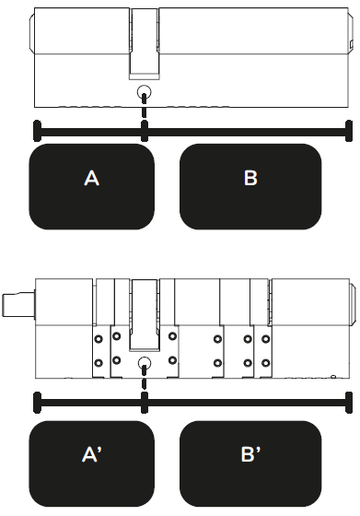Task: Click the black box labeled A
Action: [92, 186]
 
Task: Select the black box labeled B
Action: [250, 186]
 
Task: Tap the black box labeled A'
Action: [92, 463]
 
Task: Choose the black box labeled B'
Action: [250, 463]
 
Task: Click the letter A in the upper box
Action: [92, 179]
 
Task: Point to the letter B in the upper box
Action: [250, 178]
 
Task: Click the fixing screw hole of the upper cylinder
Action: [144, 91]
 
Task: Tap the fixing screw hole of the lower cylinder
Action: [144, 363]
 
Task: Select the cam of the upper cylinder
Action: [144, 43]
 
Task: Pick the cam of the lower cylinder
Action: [144, 315]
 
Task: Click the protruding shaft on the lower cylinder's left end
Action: [18, 305]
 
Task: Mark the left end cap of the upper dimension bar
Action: [38, 131]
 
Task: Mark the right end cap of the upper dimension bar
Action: [349, 131]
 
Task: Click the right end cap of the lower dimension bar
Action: [349, 403]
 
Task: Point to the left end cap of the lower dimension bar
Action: [38, 403]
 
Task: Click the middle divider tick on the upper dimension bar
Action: [144, 131]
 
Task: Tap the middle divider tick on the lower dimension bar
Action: [144, 403]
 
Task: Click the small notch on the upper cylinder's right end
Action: [351, 44]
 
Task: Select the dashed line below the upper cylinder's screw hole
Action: [144, 106]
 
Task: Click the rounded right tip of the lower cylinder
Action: [353, 303]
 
